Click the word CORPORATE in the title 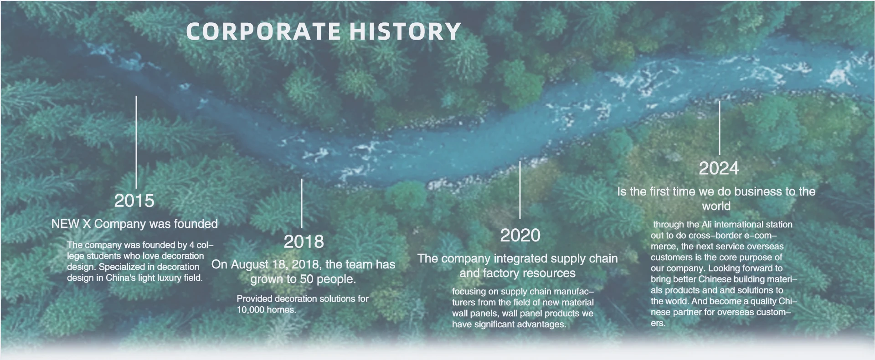[x=263, y=31]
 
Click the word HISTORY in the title [x=405, y=31]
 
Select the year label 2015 [x=134, y=201]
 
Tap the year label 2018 [x=304, y=242]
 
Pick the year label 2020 [x=520, y=236]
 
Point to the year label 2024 [x=719, y=169]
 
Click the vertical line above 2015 [x=136, y=142]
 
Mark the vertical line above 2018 [x=302, y=203]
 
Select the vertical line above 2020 [x=520, y=190]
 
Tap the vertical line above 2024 [x=720, y=128]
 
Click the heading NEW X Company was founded [x=134, y=224]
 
